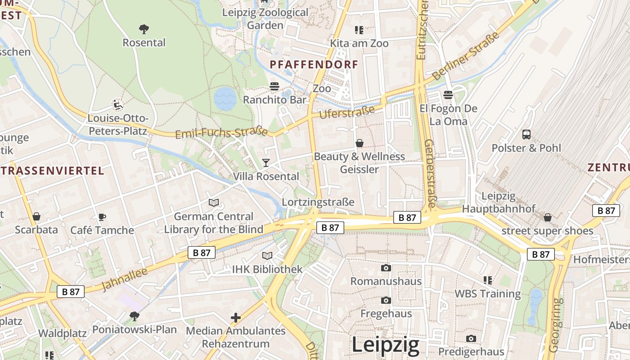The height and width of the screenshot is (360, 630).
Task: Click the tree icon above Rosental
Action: click(x=144, y=29)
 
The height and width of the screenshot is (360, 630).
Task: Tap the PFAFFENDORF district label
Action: click(x=314, y=65)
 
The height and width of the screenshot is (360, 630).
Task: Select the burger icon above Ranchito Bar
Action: click(x=274, y=86)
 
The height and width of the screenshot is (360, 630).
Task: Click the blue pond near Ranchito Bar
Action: click(x=225, y=99)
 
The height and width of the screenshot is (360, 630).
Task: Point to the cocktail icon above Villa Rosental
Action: click(x=266, y=162)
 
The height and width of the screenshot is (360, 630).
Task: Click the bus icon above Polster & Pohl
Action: click(x=526, y=134)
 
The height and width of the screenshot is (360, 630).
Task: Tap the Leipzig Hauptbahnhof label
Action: click(x=499, y=202)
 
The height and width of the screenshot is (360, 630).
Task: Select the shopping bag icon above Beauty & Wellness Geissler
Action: click(x=360, y=143)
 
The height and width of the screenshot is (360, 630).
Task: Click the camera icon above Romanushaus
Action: click(x=386, y=268)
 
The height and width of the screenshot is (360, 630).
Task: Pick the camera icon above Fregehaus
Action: click(x=386, y=300)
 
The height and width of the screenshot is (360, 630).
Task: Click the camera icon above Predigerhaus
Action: click(x=471, y=338)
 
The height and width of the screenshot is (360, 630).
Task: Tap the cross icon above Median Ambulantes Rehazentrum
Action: click(x=236, y=318)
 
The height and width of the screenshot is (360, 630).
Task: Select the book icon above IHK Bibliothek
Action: click(x=267, y=256)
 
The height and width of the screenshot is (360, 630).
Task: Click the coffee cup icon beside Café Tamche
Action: click(x=102, y=217)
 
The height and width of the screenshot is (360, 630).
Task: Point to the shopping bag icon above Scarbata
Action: click(x=36, y=216)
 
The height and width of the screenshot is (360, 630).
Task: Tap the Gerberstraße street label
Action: click(x=430, y=173)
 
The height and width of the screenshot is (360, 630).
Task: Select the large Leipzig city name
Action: click(x=385, y=345)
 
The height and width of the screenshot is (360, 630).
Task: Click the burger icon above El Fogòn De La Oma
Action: click(x=448, y=94)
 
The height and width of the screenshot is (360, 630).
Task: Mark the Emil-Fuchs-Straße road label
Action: click(x=221, y=133)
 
